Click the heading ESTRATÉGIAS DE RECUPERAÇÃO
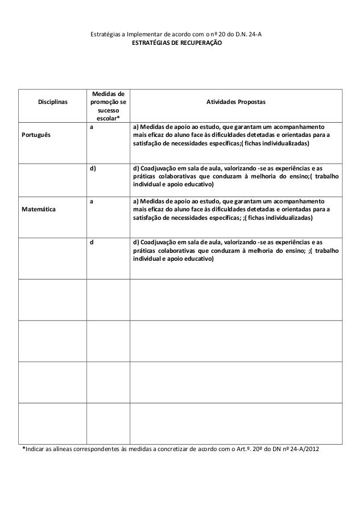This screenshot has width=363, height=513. (x=177, y=44)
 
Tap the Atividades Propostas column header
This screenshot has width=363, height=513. (x=236, y=102)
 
